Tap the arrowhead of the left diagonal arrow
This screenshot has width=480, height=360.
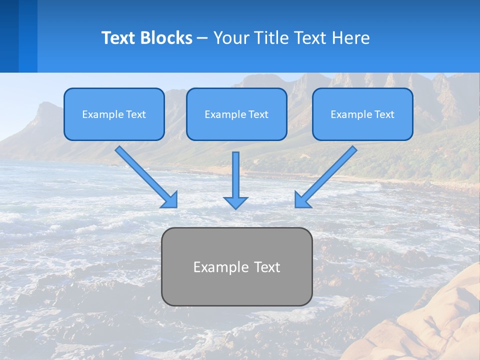(170, 200)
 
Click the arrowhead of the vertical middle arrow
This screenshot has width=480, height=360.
(235, 202)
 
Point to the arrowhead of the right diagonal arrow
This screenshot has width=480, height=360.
(301, 200)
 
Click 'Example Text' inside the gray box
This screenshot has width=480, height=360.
(236, 267)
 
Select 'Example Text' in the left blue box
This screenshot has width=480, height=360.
(114, 114)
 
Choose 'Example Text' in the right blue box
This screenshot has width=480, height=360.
(362, 114)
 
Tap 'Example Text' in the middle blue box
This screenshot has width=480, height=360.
(236, 114)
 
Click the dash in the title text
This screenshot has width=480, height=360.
(202, 38)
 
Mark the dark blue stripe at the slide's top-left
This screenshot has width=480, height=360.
(9, 36)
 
